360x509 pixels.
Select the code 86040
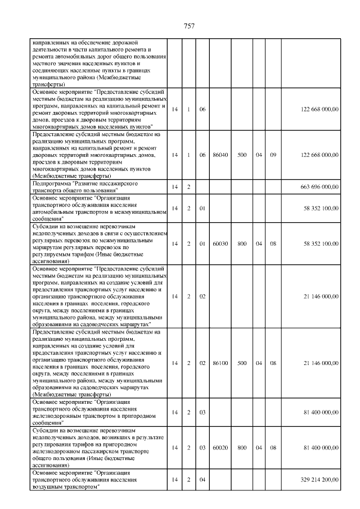pyautogui.click(x=220, y=154)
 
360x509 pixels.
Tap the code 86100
pyautogui.click(x=220, y=363)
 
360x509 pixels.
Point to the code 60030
pyautogui.click(x=220, y=244)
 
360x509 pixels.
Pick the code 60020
pyautogui.click(x=220, y=448)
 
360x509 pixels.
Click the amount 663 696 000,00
pyautogui.click(x=319, y=186)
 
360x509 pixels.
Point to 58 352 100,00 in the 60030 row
pyautogui.click(x=319, y=244)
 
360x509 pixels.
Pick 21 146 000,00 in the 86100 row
pyautogui.click(x=319, y=363)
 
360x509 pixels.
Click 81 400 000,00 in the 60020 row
pyautogui.click(x=319, y=448)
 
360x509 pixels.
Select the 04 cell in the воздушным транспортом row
pyautogui.click(x=202, y=480)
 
